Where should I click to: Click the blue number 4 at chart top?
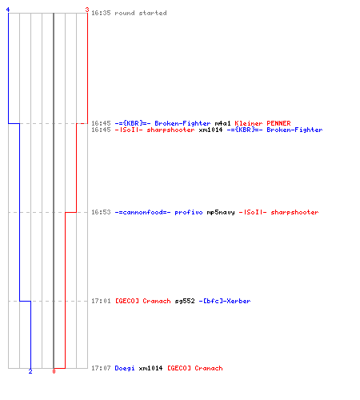8,10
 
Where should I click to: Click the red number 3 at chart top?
87,10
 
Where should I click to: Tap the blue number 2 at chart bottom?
30,371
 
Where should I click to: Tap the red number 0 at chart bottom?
54,371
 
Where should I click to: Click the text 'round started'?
141,13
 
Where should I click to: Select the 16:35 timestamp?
101,13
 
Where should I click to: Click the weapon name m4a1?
222,123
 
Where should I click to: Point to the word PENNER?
278,123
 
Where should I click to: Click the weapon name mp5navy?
221,213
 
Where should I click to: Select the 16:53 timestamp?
101,212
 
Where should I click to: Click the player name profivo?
189,213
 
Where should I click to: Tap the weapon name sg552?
185,302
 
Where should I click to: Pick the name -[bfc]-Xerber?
225,301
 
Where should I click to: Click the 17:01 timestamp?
101,301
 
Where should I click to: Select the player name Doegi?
125,368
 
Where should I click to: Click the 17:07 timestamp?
101,368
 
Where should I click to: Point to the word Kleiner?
249,123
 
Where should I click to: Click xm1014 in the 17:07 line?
150,368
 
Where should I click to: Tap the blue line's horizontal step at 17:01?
25,301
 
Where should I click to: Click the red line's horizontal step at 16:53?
71,212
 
